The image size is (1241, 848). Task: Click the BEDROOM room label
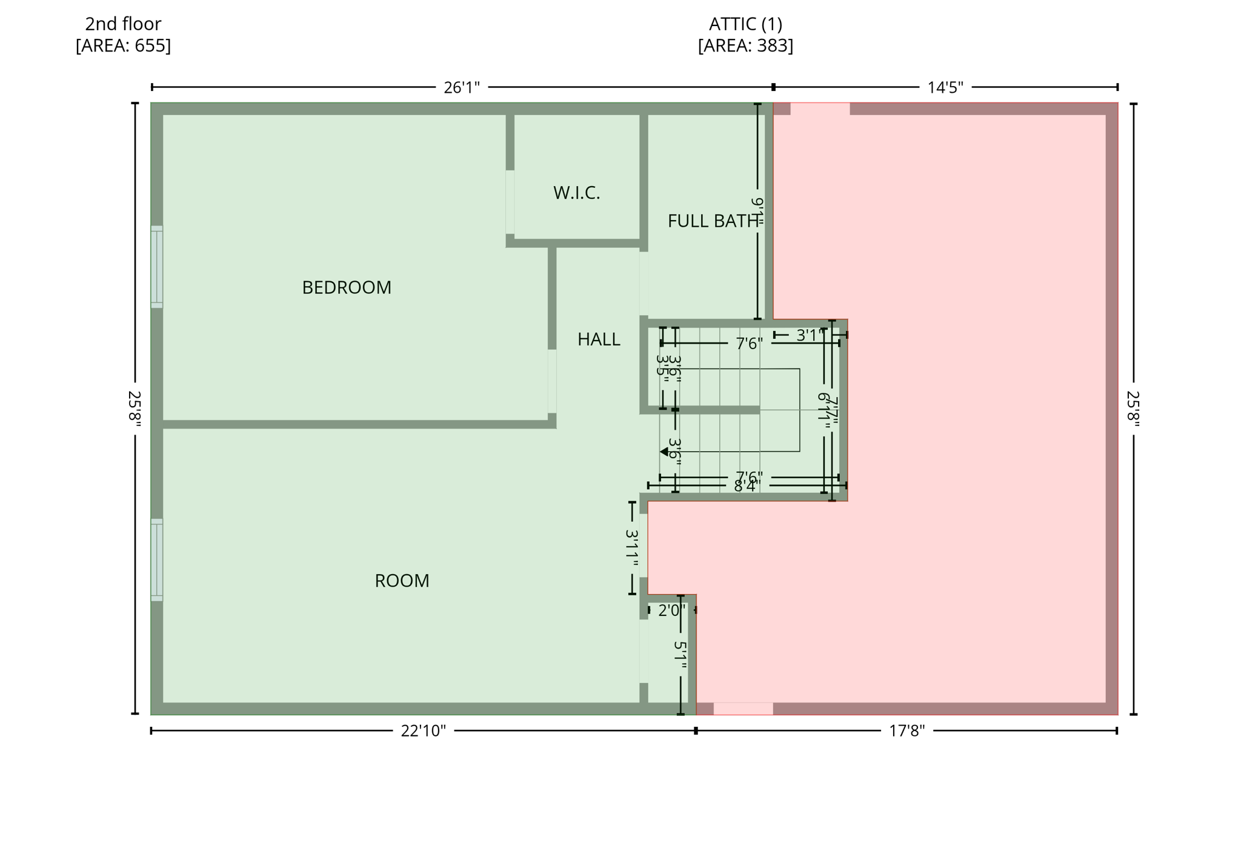pos(347,287)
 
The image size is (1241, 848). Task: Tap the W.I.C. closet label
pos(576,193)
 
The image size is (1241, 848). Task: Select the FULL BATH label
pos(712,221)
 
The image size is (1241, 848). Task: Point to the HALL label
pos(599,339)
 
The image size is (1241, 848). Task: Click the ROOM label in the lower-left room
pos(402,581)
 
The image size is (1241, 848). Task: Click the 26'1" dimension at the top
pos(461,88)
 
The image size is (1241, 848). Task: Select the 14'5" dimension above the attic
pos(945,88)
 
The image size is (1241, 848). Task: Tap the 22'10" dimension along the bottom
pos(423,731)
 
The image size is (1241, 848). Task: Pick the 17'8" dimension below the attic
pos(907,731)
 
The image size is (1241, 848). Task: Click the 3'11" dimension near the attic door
pos(632,548)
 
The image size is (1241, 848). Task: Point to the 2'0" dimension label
pos(671,610)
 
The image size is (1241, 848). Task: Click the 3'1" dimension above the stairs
pos(810,335)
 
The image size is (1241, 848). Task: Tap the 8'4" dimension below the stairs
pos(745,486)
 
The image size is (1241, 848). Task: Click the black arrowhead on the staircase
pos(664,452)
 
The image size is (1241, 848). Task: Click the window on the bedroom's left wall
pos(156,267)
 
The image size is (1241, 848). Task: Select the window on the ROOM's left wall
pos(156,559)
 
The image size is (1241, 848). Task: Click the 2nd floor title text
pos(123,24)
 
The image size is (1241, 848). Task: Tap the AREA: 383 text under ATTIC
pos(745,46)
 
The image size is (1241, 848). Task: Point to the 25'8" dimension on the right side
pos(1133,409)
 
